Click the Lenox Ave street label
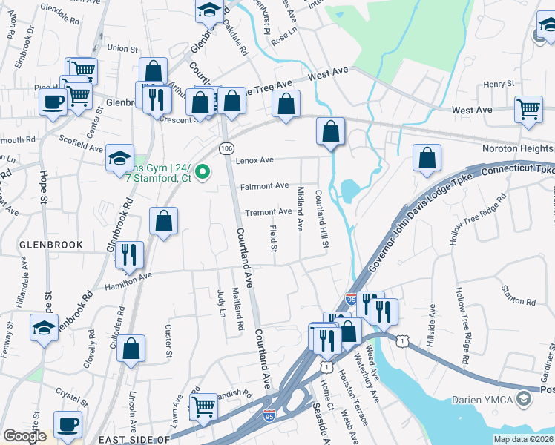coord(255,160)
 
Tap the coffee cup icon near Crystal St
coord(69,423)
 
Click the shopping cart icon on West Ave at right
coord(528,108)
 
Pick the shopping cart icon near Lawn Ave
coord(204,405)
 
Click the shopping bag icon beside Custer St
coord(131,347)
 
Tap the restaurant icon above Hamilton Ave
coord(129,254)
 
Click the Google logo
coord(24,436)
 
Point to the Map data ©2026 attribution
coord(523,439)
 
